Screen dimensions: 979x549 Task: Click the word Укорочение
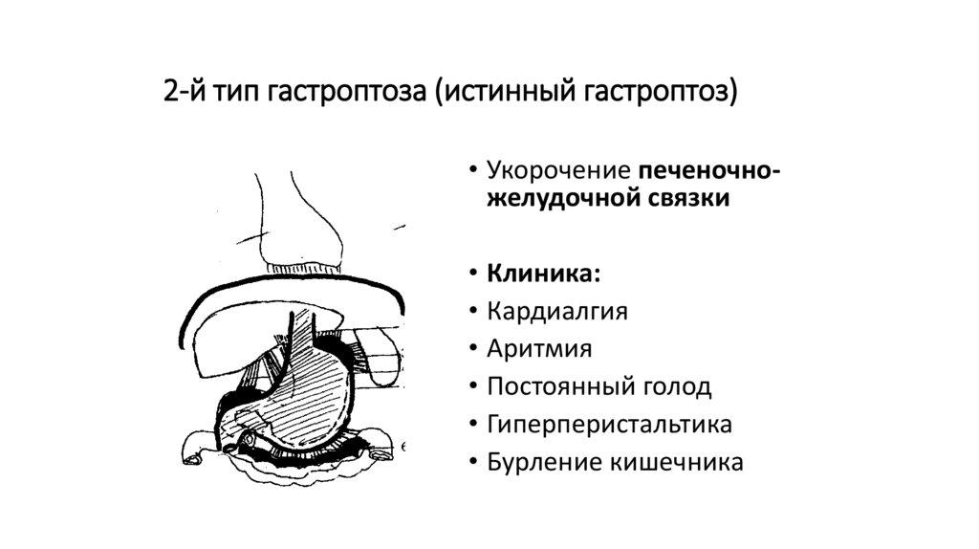tap(550, 171)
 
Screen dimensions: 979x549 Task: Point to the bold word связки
tap(685, 198)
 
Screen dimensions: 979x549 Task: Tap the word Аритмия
tap(539, 349)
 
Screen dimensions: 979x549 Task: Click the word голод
tap(677, 386)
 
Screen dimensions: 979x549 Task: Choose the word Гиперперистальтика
tap(609, 425)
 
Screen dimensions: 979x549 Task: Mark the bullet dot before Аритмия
tap(472, 350)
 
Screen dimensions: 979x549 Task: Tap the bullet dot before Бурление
tap(472, 463)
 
